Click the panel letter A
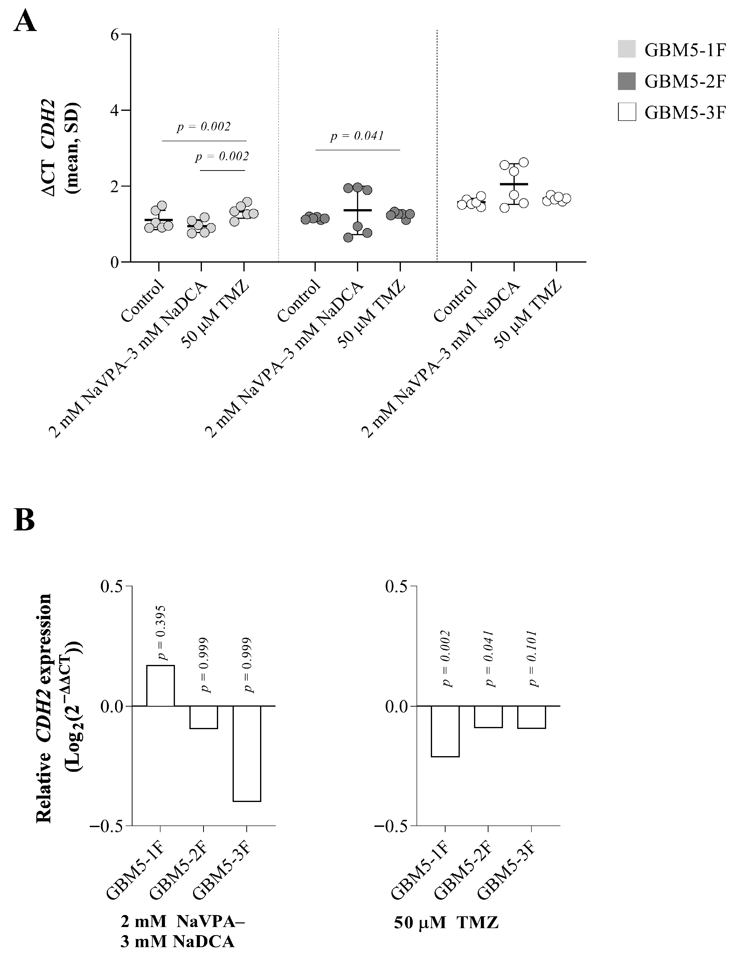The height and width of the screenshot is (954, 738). [25, 21]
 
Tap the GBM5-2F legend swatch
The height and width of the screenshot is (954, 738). [627, 81]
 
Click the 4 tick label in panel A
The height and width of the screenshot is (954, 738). [115, 111]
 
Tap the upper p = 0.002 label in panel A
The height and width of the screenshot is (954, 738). [204, 127]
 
